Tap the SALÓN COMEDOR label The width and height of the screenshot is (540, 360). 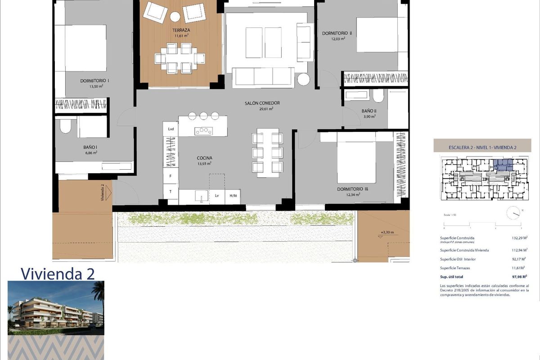(x=262, y=103)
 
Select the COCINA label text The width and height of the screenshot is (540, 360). (x=204, y=158)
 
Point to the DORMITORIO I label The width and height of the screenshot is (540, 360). (x=95, y=81)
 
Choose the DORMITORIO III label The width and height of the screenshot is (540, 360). (x=352, y=189)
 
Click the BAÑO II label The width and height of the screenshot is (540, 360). (x=369, y=111)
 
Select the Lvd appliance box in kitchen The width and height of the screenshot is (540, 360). (x=171, y=129)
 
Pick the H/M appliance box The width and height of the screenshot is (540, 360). (x=233, y=196)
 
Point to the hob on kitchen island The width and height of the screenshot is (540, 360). (x=203, y=131)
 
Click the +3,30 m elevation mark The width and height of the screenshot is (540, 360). (x=387, y=233)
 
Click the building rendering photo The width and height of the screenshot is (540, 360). (x=56, y=308)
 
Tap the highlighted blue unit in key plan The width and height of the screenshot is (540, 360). (x=503, y=165)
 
